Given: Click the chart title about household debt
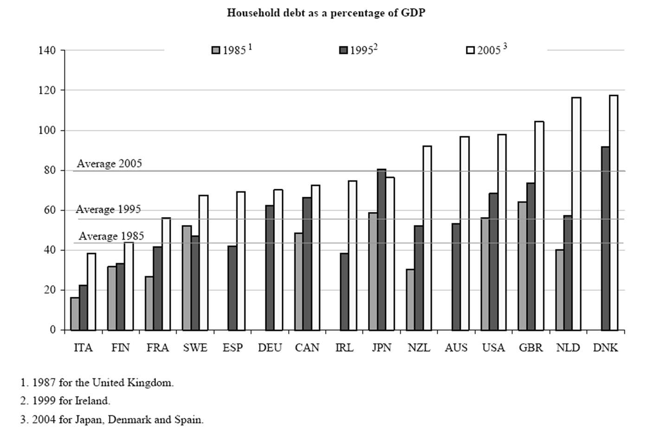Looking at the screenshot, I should (x=326, y=13).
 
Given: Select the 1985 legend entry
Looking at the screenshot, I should (x=231, y=50).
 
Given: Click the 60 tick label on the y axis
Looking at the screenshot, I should (x=49, y=210).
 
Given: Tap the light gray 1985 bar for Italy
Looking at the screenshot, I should (x=75, y=314).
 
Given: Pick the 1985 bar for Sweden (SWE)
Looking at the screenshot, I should (x=187, y=278).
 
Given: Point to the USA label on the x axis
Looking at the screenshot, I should (x=493, y=347).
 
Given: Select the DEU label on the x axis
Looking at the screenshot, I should (x=270, y=347).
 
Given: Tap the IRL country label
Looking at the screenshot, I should (x=344, y=347).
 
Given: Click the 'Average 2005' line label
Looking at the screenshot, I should (x=109, y=164).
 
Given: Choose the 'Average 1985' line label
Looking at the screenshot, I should (x=111, y=237).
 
